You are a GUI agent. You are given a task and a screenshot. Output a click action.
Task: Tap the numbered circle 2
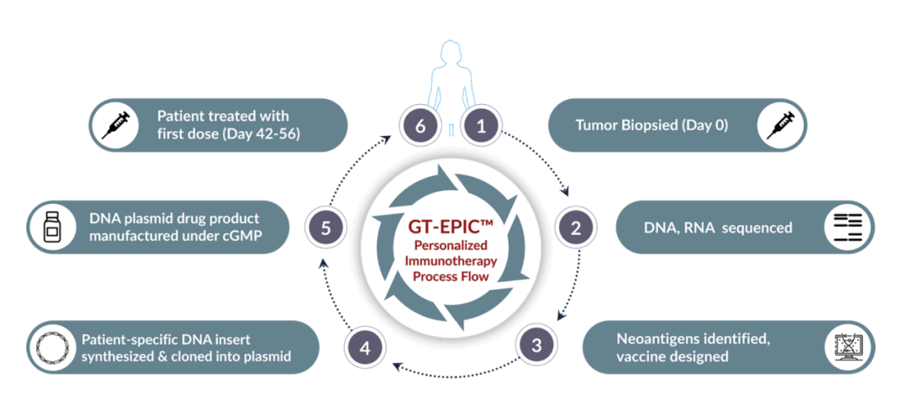tap(576, 228)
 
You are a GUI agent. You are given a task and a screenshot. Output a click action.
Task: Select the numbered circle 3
tap(536, 346)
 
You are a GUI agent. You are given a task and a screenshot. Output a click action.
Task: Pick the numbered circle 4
tap(364, 349)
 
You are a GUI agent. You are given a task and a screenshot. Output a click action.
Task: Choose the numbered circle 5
tap(325, 228)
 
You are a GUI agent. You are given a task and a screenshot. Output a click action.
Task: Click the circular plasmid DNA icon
tap(52, 347)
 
